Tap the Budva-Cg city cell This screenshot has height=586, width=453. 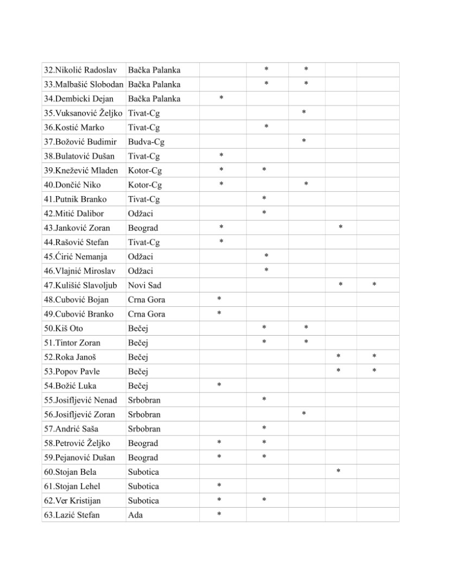pos(146,142)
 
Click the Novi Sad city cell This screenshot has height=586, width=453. pos(144,285)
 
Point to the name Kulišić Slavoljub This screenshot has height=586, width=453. pos(84,285)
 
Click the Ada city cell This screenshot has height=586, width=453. pos(135,515)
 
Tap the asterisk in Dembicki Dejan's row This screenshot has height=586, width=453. pos(221,98)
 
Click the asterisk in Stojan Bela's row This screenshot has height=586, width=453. pos(338,471)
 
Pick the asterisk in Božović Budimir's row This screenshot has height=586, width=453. pos(304,141)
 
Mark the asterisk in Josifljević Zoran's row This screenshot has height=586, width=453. pos(304,414)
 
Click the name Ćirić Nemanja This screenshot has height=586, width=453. pos(75,256)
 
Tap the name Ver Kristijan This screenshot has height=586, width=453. pos(75,500)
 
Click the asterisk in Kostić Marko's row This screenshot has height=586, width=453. pos(266,127)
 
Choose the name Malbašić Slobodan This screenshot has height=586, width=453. pos(84,84)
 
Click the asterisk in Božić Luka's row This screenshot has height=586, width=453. pos(219,386)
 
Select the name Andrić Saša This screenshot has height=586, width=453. pos(71,429)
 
